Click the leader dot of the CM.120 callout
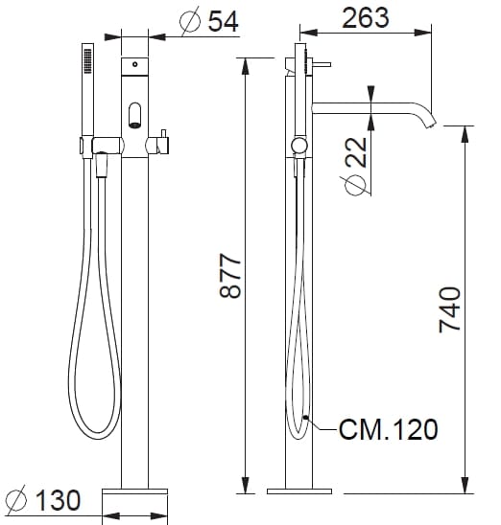306,418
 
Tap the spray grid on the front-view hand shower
87,64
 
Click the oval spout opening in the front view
134,116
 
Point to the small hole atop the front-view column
134,65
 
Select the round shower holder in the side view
300,146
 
